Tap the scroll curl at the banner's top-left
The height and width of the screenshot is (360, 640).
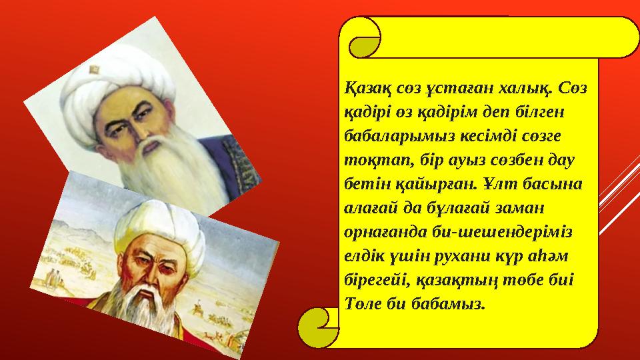(365, 37)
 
